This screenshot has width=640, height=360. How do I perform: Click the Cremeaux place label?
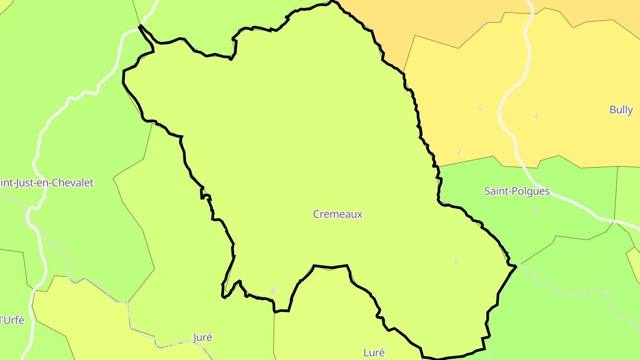[338, 214]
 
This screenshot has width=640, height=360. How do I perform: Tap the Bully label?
[621, 110]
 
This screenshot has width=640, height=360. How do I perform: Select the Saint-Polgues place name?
[516, 191]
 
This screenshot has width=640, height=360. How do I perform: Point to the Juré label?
[203, 337]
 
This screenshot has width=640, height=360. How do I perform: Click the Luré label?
[374, 352]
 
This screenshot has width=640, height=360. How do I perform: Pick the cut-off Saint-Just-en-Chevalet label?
[47, 183]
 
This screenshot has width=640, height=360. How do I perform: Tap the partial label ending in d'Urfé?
[12, 320]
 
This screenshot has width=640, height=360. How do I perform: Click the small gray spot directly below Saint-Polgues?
[536, 212]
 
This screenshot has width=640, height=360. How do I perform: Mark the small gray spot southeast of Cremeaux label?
[456, 261]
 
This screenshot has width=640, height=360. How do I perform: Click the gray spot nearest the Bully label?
[536, 116]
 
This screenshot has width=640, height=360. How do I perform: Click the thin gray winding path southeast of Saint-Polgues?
[578, 293]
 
